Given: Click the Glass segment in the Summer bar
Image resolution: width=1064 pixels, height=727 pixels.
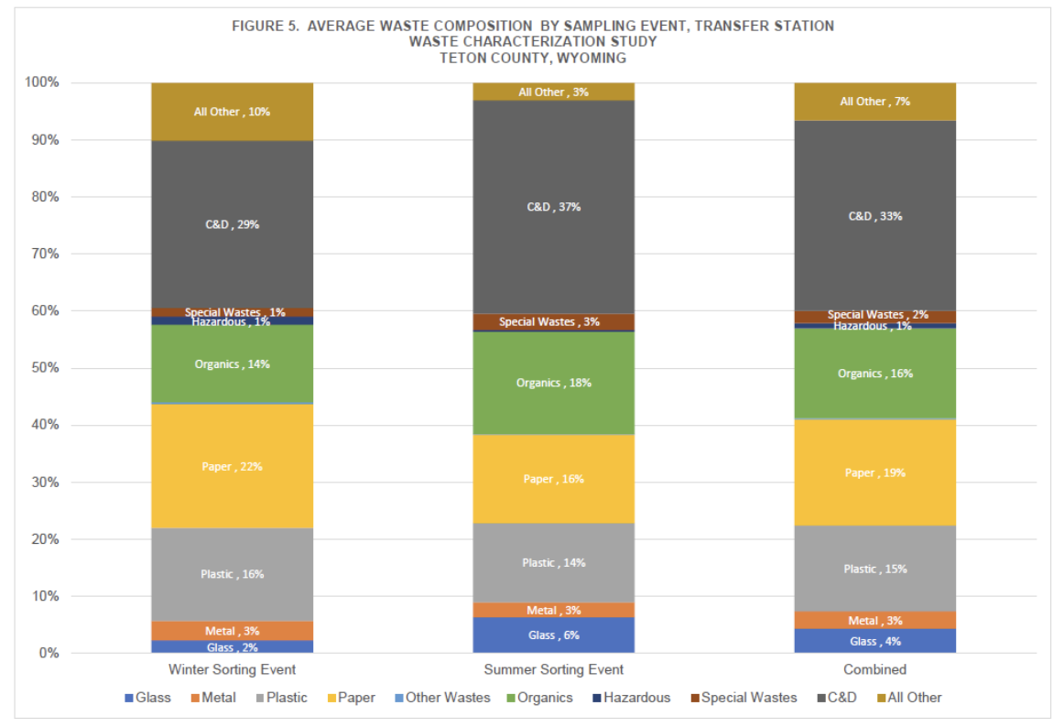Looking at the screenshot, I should coord(553,635).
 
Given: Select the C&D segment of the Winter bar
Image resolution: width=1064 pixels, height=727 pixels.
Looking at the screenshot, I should coord(233,224).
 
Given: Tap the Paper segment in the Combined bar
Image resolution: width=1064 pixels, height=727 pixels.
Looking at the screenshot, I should coord(874,472).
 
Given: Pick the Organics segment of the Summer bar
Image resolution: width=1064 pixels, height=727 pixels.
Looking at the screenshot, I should coord(553,383).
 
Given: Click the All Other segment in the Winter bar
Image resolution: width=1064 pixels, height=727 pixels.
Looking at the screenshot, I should coord(233,112).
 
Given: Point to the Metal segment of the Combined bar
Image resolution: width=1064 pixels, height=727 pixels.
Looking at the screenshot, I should coord(874,621).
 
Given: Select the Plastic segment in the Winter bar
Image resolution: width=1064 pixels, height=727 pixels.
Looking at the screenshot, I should coord(233,574).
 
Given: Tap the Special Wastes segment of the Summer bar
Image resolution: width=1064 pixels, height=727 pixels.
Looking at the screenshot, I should coord(553,321).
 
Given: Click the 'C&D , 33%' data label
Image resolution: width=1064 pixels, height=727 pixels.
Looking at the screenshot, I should coord(874,217).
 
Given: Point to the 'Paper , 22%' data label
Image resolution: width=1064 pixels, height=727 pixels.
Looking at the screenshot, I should coord(233,467).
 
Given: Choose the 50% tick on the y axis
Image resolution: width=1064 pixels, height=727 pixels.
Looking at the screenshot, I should coord(42,368).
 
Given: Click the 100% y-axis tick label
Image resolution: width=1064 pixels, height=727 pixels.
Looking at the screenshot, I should coord(39,82).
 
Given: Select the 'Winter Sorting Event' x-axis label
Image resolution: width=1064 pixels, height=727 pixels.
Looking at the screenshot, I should coord(233,669).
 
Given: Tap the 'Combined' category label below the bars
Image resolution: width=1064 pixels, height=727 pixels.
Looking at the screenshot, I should coord(874,669).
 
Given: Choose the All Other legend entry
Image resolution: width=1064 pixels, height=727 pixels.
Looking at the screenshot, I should coord(912,698).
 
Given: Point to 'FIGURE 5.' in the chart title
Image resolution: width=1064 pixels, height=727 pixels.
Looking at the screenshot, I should coord(266,26).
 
